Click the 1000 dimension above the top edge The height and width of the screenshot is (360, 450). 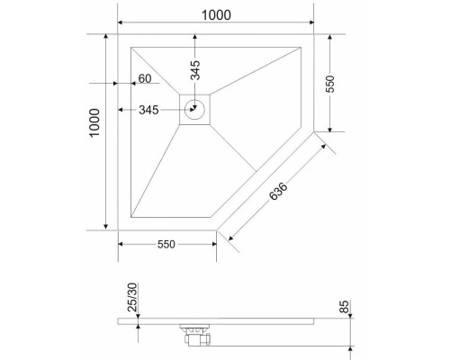215,15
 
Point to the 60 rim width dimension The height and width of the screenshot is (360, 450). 143,79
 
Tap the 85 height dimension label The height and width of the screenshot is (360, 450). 344,309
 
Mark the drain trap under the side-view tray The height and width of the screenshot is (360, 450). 197,333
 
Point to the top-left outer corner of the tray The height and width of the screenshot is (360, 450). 119,34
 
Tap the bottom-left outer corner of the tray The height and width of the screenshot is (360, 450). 119,230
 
